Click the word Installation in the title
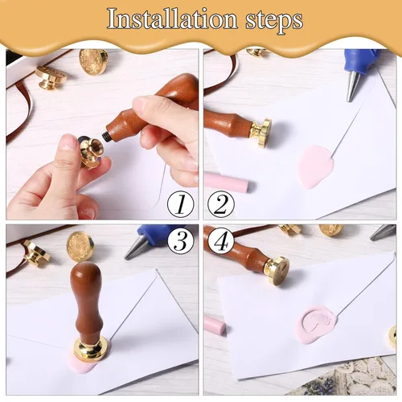click(172, 18)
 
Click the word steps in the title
click(274, 21)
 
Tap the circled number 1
click(181, 205)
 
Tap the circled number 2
click(221, 205)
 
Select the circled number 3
click(181, 240)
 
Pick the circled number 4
click(221, 240)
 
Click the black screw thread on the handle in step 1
click(105, 134)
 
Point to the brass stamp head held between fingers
click(91, 151)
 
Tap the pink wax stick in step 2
click(227, 182)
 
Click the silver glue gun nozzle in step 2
click(353, 86)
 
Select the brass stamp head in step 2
click(260, 133)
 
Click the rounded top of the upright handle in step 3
click(86, 273)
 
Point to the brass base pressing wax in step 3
click(91, 348)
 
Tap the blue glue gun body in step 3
click(155, 234)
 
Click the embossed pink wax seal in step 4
click(318, 324)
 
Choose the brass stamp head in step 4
click(277, 270)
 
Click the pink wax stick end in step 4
click(215, 325)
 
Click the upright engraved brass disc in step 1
click(93, 62)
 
